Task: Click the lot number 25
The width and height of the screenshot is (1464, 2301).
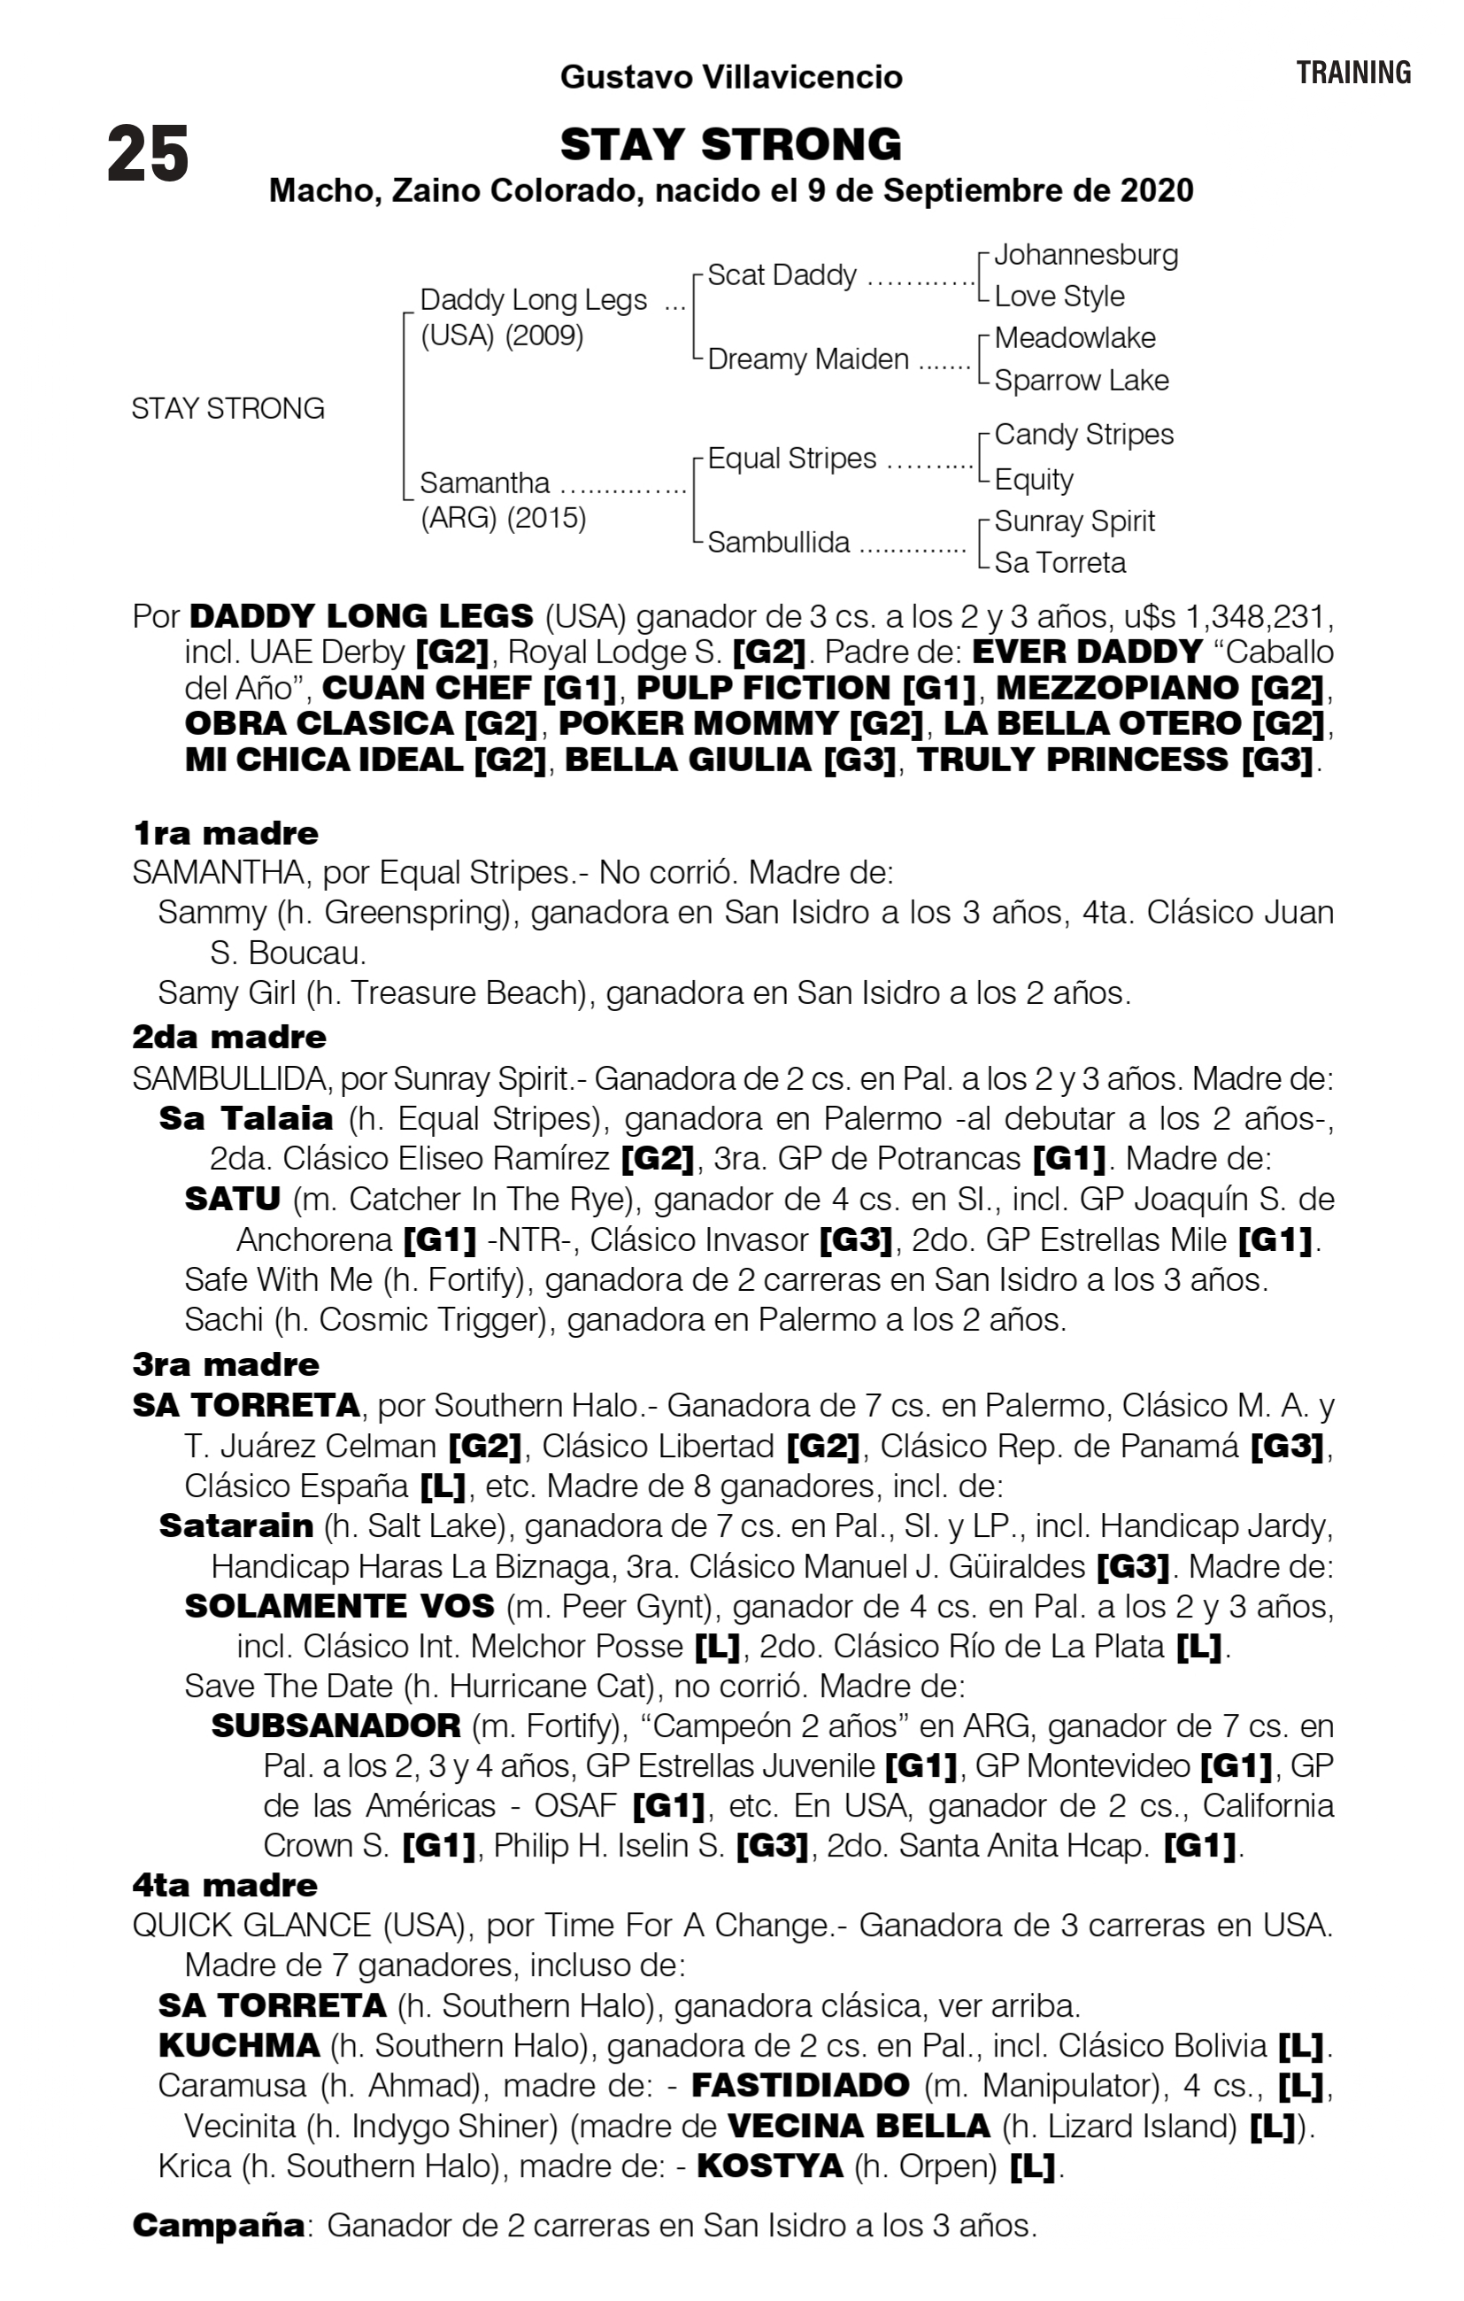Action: [148, 154]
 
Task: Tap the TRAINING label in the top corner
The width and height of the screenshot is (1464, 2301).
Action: [1353, 73]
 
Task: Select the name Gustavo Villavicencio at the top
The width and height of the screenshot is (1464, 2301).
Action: [731, 77]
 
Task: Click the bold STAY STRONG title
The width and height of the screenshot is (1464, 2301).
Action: [731, 145]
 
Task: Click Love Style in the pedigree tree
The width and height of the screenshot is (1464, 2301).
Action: [1059, 297]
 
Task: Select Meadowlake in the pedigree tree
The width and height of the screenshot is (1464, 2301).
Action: [1075, 338]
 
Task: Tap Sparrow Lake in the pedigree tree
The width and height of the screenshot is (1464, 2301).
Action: [1081, 381]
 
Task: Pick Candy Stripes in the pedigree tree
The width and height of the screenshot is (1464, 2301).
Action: [1083, 435]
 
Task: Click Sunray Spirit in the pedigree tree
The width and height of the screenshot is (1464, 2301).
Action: [1075, 521]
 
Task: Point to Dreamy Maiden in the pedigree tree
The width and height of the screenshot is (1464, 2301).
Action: [807, 359]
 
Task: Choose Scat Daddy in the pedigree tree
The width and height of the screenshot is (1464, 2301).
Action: [782, 275]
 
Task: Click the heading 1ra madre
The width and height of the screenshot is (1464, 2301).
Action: [226, 833]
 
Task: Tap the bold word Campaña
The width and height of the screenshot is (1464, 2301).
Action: [218, 2226]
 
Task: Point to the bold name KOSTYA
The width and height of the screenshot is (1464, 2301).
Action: [769, 2166]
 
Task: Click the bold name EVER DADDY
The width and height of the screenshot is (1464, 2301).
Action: [1087, 652]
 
